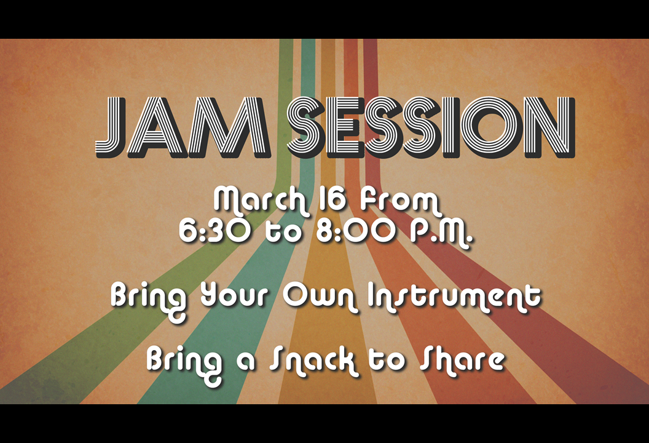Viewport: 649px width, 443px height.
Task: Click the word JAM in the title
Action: click(x=183, y=127)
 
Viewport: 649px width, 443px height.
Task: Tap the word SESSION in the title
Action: click(x=431, y=127)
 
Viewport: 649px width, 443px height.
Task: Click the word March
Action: click(x=261, y=200)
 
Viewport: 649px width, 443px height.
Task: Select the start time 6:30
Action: click(x=214, y=231)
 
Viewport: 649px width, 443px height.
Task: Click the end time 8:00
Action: click(x=356, y=231)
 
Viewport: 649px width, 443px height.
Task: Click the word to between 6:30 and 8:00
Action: click(x=283, y=232)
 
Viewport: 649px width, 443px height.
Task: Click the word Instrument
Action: click(x=454, y=297)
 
